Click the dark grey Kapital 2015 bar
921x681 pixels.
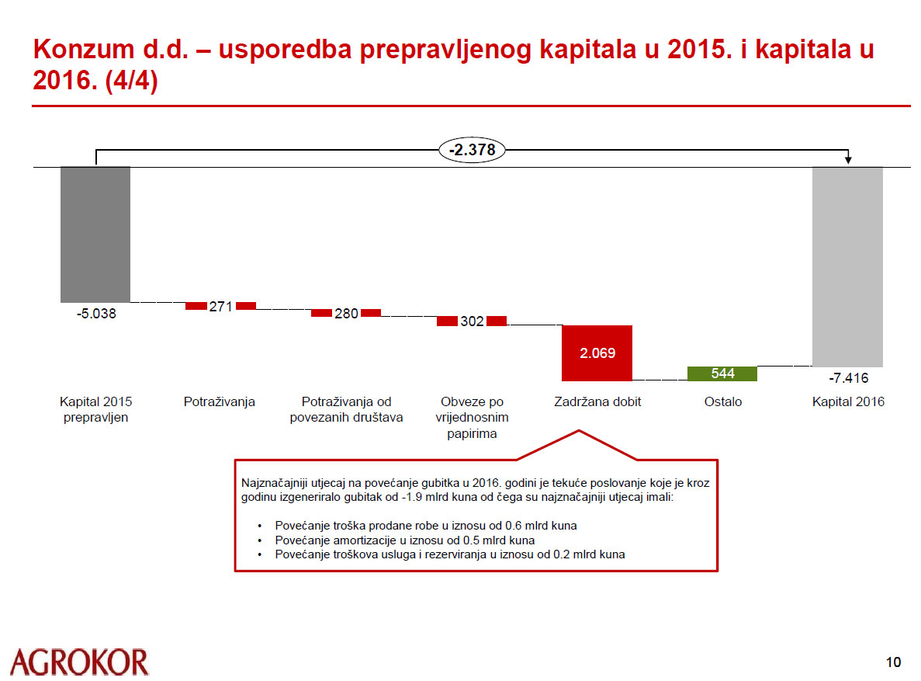(x=95, y=235)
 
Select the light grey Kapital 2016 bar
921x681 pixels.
(x=847, y=267)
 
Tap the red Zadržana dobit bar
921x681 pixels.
(x=597, y=353)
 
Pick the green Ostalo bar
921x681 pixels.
(x=722, y=374)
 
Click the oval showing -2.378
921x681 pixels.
(x=473, y=150)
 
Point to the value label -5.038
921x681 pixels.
(x=96, y=314)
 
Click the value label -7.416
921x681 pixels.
(x=848, y=377)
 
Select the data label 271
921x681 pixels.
(x=221, y=307)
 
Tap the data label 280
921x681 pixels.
(x=347, y=314)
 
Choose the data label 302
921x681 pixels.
(x=473, y=321)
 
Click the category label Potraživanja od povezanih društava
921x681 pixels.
(x=347, y=409)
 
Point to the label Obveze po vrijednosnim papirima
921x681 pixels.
(x=473, y=418)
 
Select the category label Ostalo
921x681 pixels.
(x=723, y=401)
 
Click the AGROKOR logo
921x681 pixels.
(x=79, y=662)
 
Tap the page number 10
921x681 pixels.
(x=893, y=662)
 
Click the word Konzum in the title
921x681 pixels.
(x=83, y=50)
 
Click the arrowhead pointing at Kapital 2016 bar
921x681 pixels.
(x=848, y=159)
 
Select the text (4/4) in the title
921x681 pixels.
(x=132, y=81)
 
